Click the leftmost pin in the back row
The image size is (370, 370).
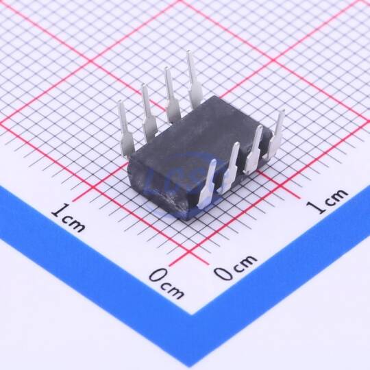(125, 129)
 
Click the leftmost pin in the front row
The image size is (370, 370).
(207, 184)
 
